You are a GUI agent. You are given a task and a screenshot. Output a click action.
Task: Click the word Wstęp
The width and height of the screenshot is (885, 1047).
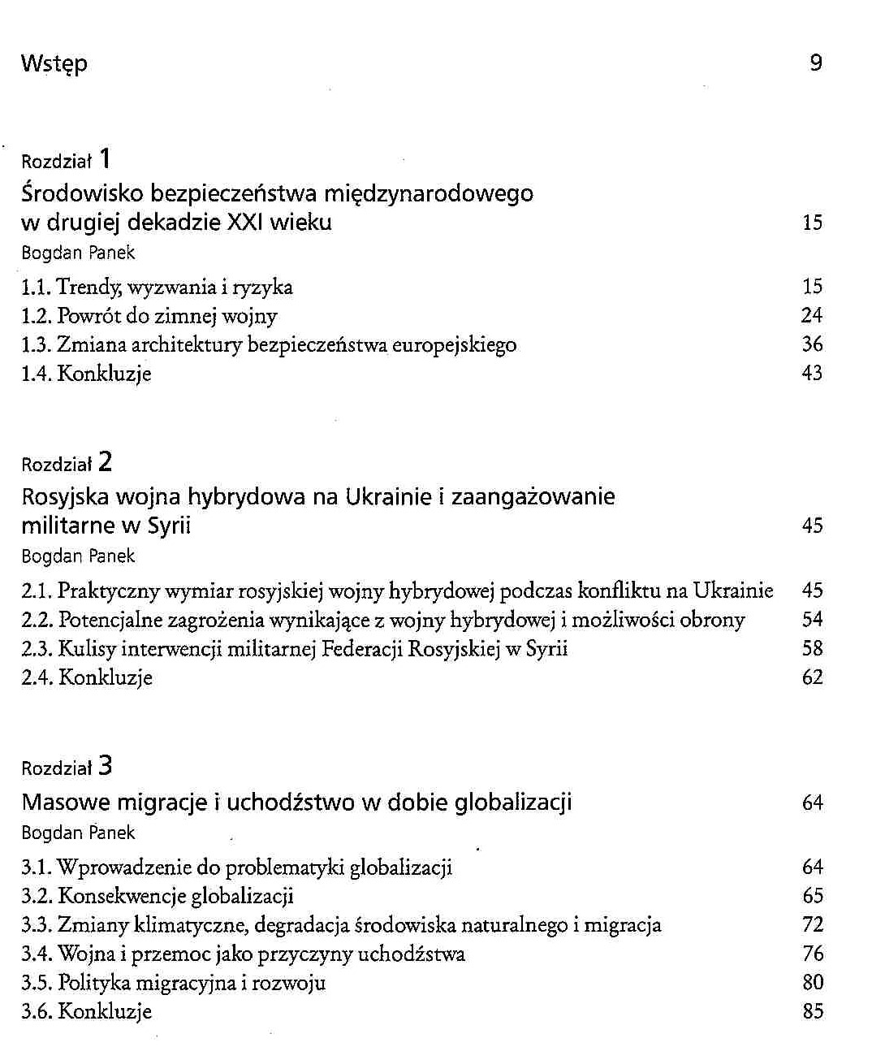[54, 63]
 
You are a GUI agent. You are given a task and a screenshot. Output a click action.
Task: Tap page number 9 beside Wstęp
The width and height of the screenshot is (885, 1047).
[816, 63]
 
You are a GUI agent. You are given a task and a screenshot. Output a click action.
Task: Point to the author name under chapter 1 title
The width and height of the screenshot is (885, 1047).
[78, 253]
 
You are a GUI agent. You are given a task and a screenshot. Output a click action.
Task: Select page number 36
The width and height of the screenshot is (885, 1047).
[812, 344]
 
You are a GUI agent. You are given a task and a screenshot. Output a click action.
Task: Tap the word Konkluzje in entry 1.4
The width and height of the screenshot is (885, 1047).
[104, 374]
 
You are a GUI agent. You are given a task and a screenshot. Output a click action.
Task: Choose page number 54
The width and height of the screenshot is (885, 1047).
[812, 620]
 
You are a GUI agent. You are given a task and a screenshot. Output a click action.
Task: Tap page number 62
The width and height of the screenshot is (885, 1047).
[812, 677]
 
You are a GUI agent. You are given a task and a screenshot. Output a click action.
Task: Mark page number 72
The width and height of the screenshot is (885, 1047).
[812, 924]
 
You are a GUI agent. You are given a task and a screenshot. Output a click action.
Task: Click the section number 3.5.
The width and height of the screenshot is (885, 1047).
[37, 983]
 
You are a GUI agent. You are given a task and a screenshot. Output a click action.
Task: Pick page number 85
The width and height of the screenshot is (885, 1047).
[812, 1011]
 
